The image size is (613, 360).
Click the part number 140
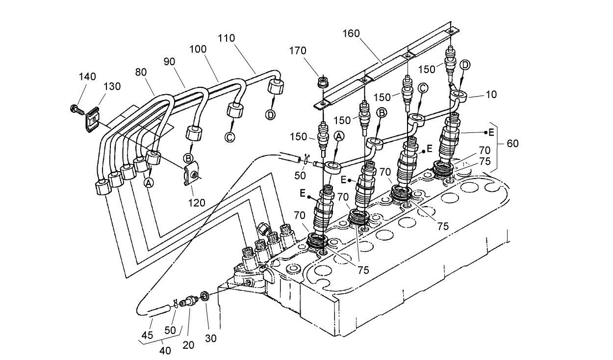[88, 77]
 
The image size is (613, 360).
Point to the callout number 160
[351, 33]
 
